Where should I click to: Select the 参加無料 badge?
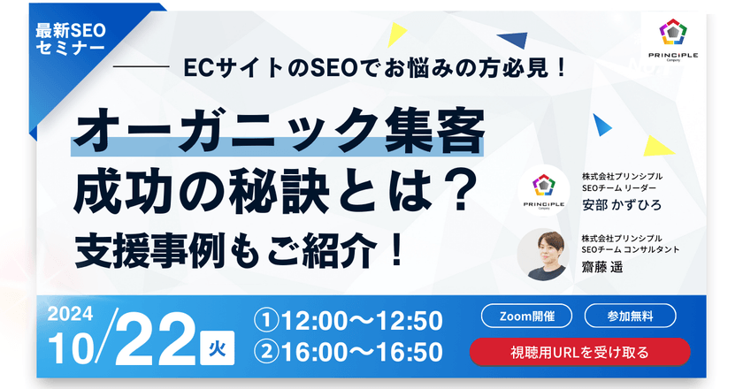(631, 316)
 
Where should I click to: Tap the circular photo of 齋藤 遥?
(542, 255)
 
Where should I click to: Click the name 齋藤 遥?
(602, 269)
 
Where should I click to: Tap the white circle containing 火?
(217, 348)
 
